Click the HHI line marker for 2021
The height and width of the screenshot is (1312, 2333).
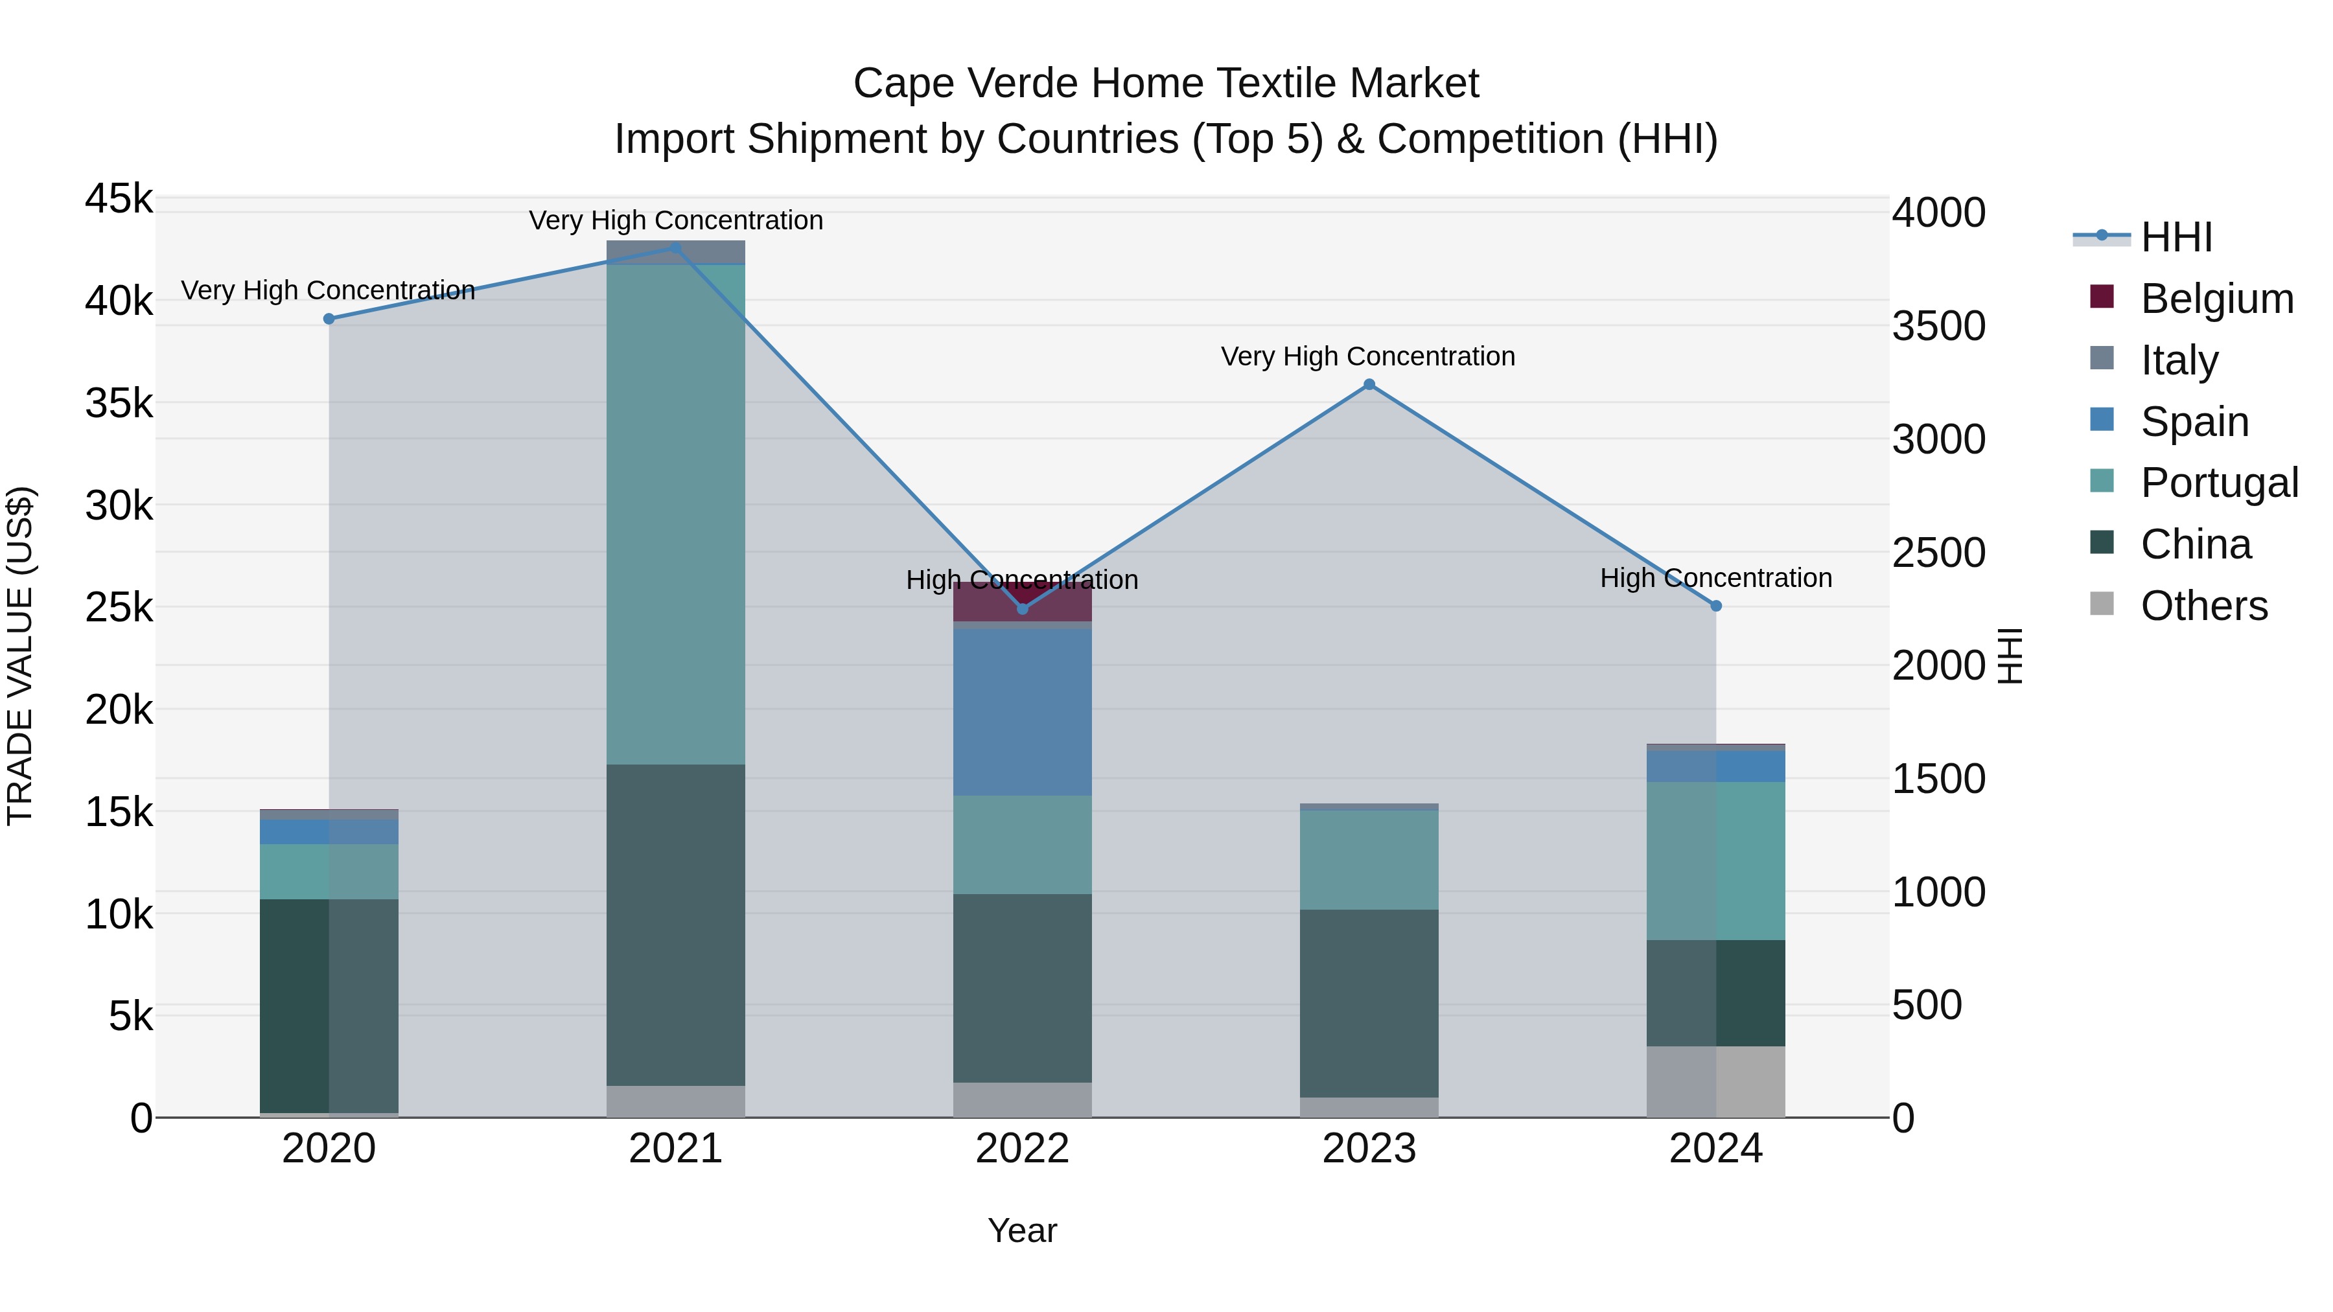coord(676,247)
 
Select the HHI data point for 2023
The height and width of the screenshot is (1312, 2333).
coord(1369,385)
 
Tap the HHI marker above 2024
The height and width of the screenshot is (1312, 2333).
coord(1716,606)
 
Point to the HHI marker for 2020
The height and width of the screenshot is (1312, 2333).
coord(329,319)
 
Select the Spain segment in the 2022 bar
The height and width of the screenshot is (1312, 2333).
coord(1023,711)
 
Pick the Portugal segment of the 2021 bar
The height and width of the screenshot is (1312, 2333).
coord(676,514)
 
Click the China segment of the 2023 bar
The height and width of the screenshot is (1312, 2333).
coord(1369,1003)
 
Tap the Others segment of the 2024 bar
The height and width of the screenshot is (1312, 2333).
coord(1716,1081)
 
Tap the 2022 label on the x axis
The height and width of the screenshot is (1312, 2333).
coord(1023,1149)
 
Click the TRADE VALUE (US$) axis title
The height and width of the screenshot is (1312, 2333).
coord(20,656)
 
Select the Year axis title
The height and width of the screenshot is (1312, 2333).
coord(1023,1230)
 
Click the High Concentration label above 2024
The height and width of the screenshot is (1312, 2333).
coord(1716,578)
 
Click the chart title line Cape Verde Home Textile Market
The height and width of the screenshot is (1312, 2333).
coord(1166,84)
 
